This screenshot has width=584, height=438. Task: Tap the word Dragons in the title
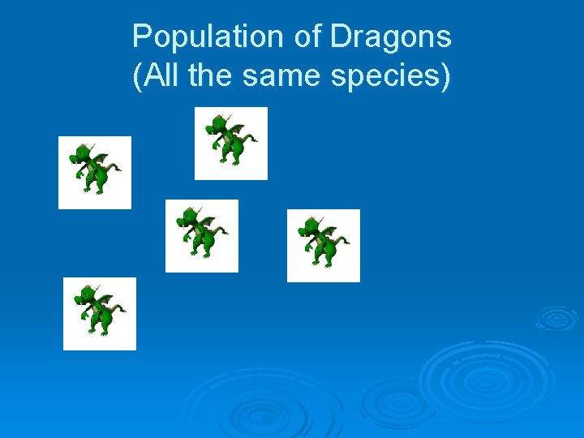click(391, 36)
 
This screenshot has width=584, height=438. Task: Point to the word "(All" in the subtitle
click(156, 76)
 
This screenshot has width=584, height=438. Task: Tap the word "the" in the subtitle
click(213, 76)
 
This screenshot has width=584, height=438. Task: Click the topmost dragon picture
click(231, 143)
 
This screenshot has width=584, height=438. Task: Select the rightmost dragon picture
click(324, 245)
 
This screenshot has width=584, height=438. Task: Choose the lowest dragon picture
click(100, 313)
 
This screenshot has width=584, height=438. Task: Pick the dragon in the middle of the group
click(202, 235)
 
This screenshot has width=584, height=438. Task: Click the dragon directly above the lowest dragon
click(95, 172)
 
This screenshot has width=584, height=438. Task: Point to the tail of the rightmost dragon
click(344, 241)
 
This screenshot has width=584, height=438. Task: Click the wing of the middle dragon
click(207, 221)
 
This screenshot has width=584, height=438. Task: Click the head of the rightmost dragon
click(310, 228)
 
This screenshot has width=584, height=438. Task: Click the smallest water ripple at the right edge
click(556, 318)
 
